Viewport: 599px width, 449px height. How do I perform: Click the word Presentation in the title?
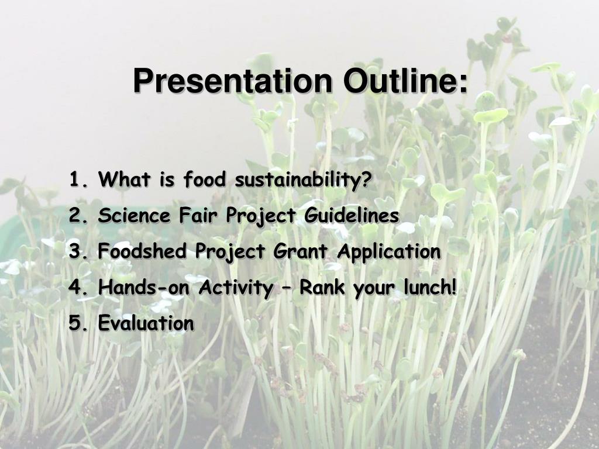[x=233, y=81]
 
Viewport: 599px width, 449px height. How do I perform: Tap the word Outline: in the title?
[x=405, y=81]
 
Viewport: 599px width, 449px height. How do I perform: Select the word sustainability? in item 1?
[x=303, y=179]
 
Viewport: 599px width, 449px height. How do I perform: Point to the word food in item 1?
[x=204, y=179]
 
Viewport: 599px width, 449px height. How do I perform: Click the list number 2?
[x=78, y=215]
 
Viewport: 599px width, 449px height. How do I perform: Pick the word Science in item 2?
[x=134, y=215]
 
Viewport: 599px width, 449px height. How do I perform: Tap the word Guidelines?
[x=352, y=215]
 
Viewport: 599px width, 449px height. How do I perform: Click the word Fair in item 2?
[x=198, y=215]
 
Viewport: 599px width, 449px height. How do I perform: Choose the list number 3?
[x=78, y=251]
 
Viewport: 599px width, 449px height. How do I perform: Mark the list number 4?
[x=78, y=287]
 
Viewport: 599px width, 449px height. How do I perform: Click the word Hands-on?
[x=144, y=287]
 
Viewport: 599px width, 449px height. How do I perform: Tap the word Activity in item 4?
[x=236, y=288]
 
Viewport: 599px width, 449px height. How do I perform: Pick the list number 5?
[x=78, y=323]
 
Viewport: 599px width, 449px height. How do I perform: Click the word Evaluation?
[x=146, y=323]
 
